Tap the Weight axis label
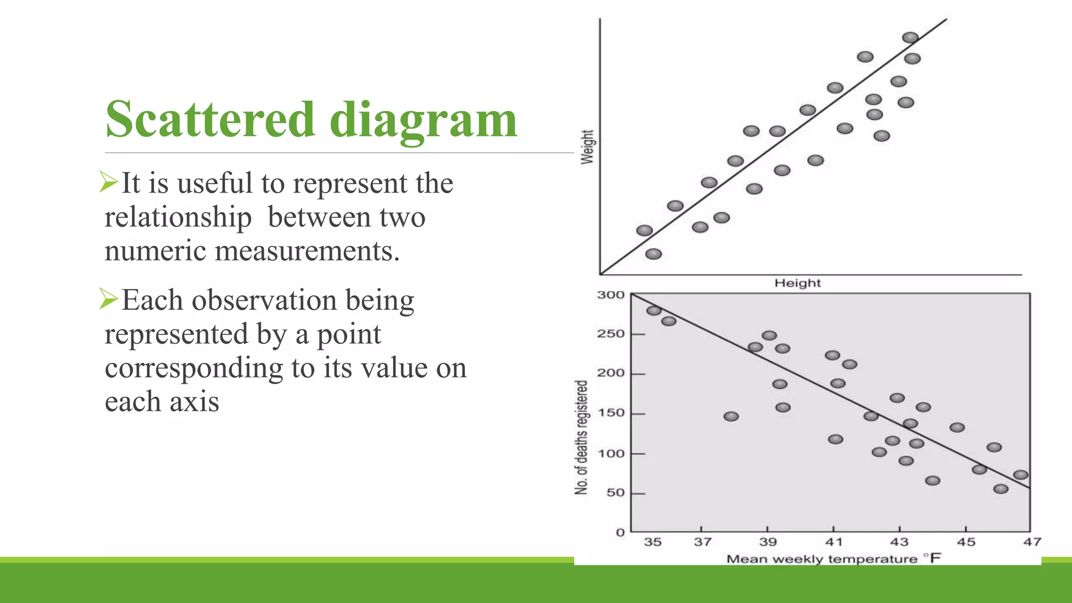tap(587, 147)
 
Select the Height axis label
tap(797, 283)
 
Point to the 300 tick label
tap(611, 295)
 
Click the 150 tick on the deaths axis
tap(611, 413)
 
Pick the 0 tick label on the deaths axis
tap(620, 532)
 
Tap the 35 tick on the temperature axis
tap(652, 542)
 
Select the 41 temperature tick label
tap(834, 542)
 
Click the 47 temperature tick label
tap(1032, 542)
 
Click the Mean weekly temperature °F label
tap(833, 559)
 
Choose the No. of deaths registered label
tap(581, 437)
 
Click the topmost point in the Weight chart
tap(910, 37)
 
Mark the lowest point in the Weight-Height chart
tap(653, 254)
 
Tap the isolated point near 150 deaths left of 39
tap(731, 416)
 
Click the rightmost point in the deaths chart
tap(1021, 475)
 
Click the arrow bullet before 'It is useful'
tap(109, 182)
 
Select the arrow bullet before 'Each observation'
tap(109, 299)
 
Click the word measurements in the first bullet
tap(307, 251)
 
